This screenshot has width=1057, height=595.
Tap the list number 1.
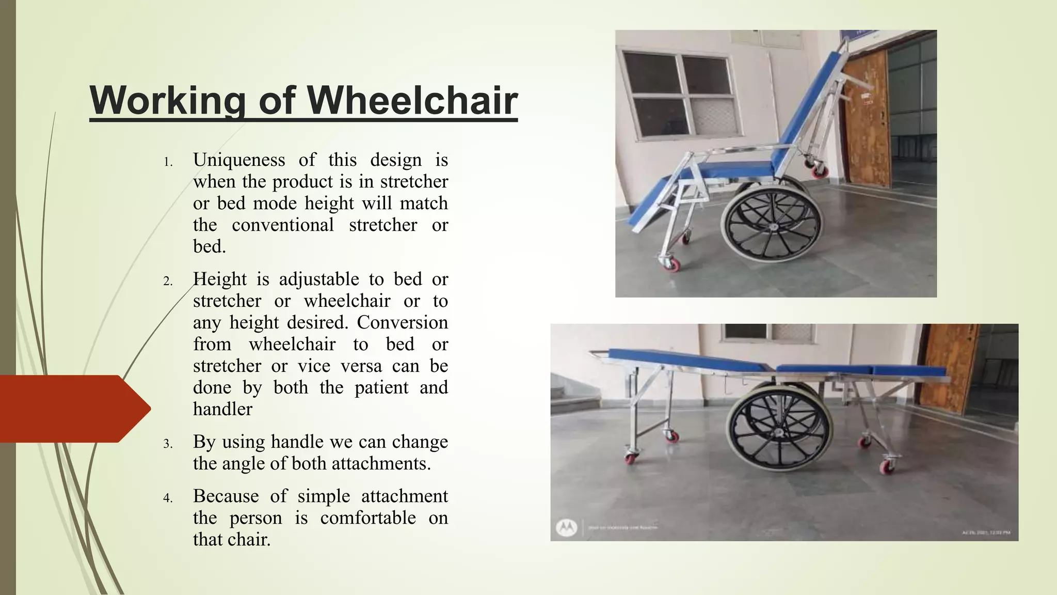[x=168, y=162]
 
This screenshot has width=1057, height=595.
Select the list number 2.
[x=168, y=281]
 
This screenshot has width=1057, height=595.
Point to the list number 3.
[x=168, y=444]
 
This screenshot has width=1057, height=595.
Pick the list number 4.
[x=168, y=498]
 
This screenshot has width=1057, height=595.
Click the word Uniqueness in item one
[x=238, y=160]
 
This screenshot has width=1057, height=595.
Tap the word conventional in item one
[x=282, y=225]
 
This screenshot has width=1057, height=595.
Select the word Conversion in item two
[x=402, y=323]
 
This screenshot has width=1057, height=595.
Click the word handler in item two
[x=222, y=410]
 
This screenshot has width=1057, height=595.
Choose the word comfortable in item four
[x=367, y=518]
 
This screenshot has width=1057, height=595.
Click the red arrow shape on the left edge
[x=72, y=409]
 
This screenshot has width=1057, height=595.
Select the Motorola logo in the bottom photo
[x=566, y=527]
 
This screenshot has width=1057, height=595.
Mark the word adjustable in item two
[x=318, y=279]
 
